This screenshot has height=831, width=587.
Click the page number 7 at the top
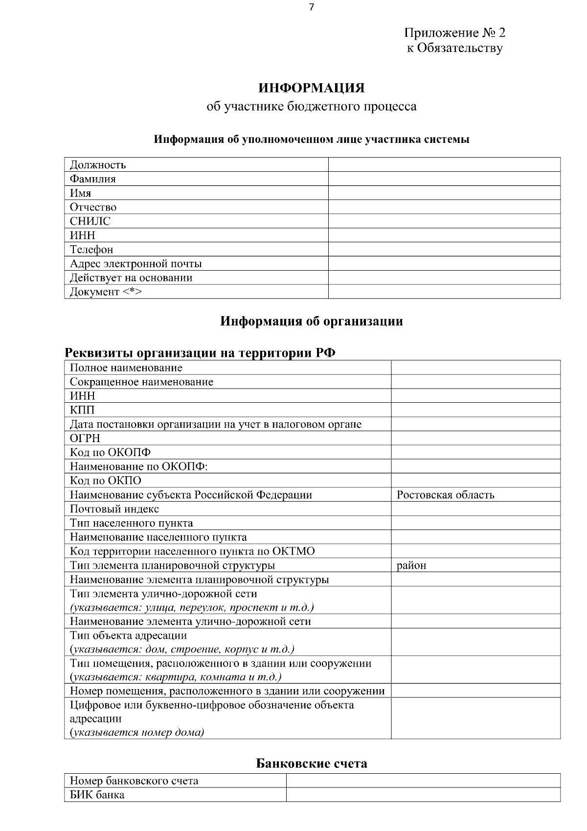pyautogui.click(x=312, y=7)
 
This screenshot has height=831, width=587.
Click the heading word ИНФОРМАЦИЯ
pyautogui.click(x=312, y=88)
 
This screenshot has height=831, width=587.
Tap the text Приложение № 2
pyautogui.click(x=454, y=33)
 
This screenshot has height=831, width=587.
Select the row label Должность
pyautogui.click(x=98, y=164)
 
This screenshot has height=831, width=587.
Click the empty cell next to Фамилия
pyautogui.click(x=444, y=179)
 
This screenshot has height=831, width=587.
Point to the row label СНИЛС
pyautogui.click(x=90, y=221)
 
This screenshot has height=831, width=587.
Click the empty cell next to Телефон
pyautogui.click(x=444, y=249)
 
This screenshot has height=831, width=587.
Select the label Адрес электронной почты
pyautogui.click(x=135, y=263)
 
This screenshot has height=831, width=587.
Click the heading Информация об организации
pyautogui.click(x=312, y=321)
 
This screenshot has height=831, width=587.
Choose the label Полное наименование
pyautogui.click(x=126, y=368)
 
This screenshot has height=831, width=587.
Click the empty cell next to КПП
pyautogui.click(x=475, y=410)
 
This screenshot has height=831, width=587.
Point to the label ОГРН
pyautogui.click(x=85, y=438)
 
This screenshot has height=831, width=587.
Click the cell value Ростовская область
pyautogui.click(x=445, y=495)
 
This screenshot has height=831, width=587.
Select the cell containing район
pyautogui.click(x=411, y=565)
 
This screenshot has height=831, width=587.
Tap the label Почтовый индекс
pyautogui.click(x=114, y=509)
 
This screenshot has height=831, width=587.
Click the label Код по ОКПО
pyautogui.click(x=106, y=481)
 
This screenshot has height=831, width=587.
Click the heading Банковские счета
pyautogui.click(x=312, y=763)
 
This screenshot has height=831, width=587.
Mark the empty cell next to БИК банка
pyautogui.click(x=423, y=794)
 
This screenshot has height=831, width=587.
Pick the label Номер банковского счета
pyautogui.click(x=134, y=780)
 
